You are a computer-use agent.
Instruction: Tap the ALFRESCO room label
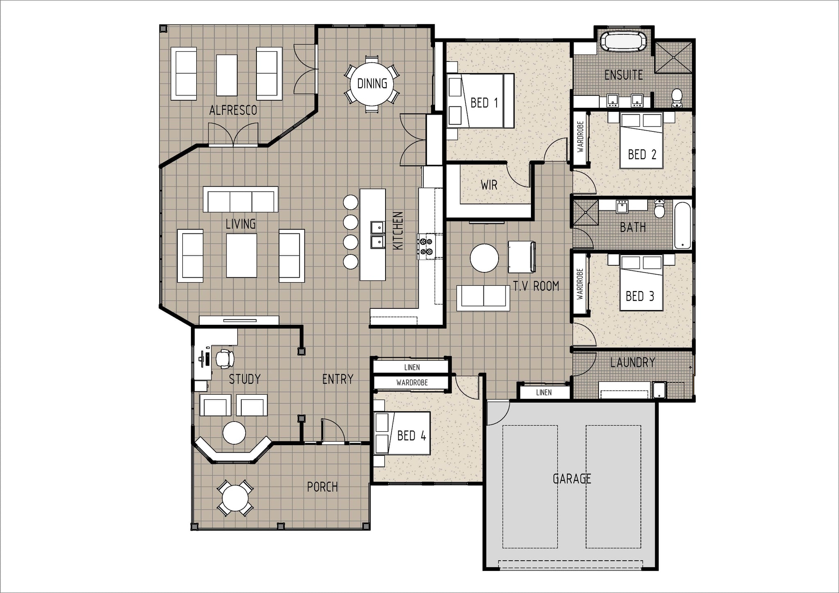pos(233,110)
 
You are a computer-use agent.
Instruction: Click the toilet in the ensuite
pos(677,97)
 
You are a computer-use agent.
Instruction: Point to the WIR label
pos(489,185)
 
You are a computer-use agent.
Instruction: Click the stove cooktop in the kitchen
pos(426,247)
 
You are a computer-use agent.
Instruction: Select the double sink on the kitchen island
pos(377,235)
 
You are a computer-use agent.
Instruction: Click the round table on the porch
pos(235,498)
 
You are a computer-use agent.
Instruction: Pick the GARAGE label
pos(572,478)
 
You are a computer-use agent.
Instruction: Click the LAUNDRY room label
pos(633,362)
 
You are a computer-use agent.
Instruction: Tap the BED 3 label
pos(640,296)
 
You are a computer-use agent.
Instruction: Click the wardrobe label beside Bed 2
pos(580,137)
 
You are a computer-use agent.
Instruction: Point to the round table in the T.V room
pos(484,258)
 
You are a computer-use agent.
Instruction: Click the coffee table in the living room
pos(241,256)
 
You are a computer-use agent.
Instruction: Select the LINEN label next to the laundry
pos(544,392)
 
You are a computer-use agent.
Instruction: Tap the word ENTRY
pos(338,379)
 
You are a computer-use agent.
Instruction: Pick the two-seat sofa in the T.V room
pos(483,296)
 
